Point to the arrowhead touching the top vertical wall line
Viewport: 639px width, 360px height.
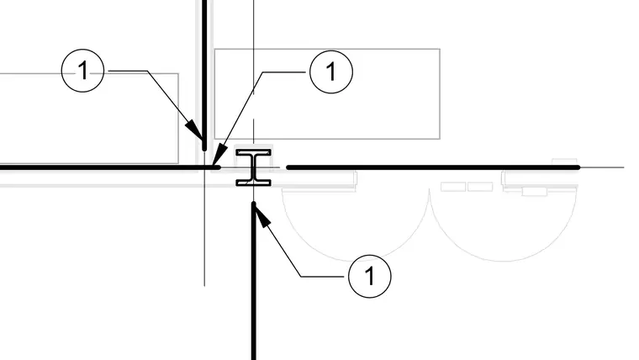[195, 130]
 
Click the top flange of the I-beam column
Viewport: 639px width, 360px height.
[253, 153]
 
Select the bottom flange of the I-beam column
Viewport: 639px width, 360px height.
[253, 182]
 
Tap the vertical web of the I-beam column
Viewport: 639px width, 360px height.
[253, 167]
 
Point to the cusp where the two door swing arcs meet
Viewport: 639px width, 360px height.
[430, 189]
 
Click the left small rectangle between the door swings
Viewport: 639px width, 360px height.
[453, 187]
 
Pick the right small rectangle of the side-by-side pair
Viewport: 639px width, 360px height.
[480, 187]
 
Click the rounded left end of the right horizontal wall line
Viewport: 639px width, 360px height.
[288, 167]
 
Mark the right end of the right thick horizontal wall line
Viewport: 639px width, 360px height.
[578, 167]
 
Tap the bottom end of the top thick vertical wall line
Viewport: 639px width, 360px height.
[204, 149]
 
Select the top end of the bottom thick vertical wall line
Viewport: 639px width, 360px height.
[254, 204]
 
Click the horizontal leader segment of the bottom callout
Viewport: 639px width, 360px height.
[325, 277]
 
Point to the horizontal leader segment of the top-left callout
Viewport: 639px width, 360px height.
[128, 71]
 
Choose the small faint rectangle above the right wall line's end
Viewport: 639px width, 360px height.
[564, 161]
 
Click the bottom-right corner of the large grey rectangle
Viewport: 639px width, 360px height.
[440, 139]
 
